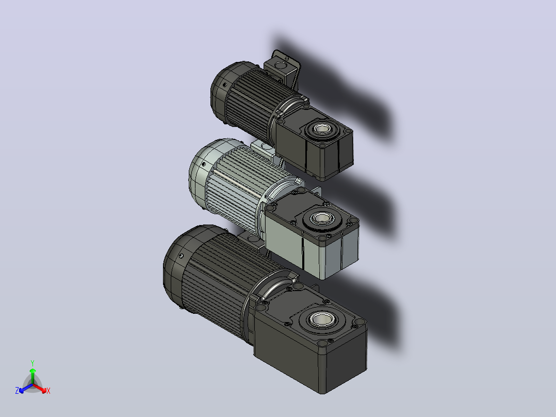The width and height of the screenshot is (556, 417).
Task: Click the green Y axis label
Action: tap(32, 363)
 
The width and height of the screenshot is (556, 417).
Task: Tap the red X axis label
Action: tap(48, 391)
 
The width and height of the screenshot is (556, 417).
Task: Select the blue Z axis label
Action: tap(17, 391)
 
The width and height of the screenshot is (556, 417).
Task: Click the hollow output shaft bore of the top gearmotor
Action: tap(322, 129)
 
